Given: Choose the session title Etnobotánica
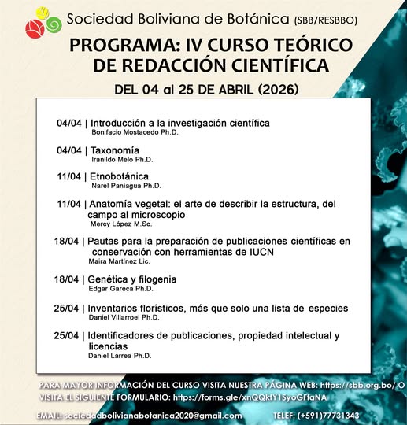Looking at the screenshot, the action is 120,176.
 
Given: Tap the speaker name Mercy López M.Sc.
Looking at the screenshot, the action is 131,224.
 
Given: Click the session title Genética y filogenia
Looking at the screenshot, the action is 132,279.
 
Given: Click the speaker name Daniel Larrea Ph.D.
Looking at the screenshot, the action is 130,356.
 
